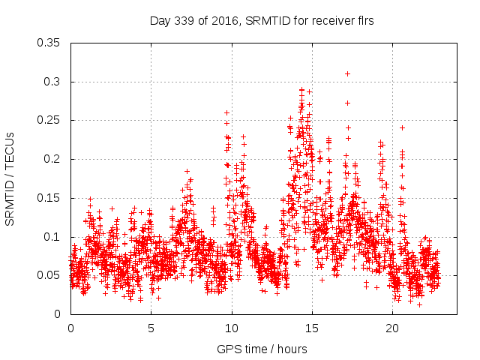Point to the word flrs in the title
364,21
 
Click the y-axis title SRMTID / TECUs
10,178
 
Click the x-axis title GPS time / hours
262,349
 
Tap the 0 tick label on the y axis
58,314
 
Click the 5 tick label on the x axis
151,328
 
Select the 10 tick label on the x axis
232,328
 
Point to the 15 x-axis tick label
312,328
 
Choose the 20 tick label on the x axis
392,328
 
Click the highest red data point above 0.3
347,73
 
